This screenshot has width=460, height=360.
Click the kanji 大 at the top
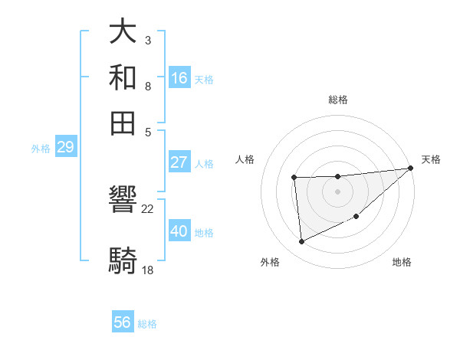pos(123,33)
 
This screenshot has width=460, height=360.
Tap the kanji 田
pos(123,121)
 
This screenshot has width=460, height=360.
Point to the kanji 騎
pos(123,260)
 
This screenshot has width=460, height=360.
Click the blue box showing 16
pos(179,78)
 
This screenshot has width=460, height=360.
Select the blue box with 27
pos(179,162)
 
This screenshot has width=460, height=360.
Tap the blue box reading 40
pos(179,231)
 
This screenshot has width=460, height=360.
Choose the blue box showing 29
pos(65,147)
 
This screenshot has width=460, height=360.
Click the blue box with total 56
pos(123,322)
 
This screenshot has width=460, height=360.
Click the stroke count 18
pos(148,270)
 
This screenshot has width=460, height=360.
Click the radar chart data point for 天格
pos(411,169)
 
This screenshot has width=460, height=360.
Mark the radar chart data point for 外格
pos(301,242)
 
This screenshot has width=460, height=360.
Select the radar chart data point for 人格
pos(294,178)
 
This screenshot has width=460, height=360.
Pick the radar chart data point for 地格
pos(356,217)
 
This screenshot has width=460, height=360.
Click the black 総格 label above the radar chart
pos(338,100)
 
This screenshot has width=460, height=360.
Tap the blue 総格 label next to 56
pos(147,324)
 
